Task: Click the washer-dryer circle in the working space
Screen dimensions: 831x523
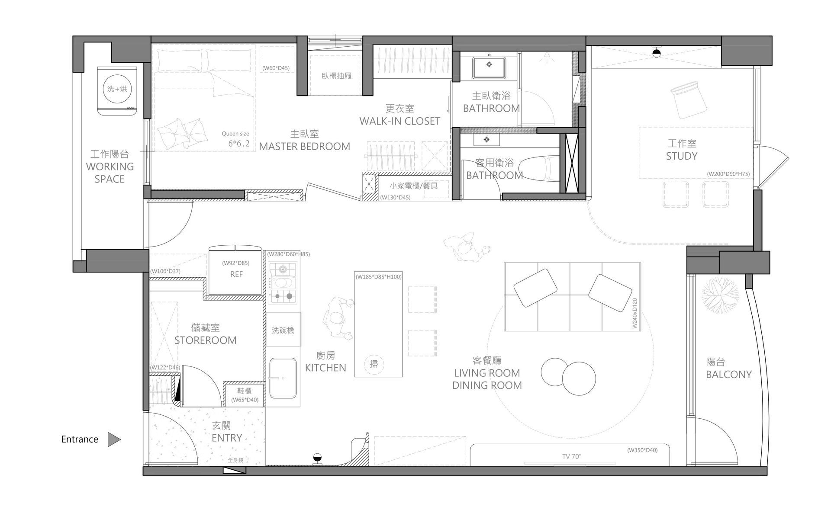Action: (x=117, y=89)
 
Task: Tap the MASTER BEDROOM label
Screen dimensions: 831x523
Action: (x=305, y=147)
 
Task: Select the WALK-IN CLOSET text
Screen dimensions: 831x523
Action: (x=400, y=122)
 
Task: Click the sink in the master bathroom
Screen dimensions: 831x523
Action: (x=489, y=65)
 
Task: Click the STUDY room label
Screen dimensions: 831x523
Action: (x=682, y=156)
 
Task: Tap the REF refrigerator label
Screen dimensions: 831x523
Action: (x=236, y=275)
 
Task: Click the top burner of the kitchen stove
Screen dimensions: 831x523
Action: (x=283, y=270)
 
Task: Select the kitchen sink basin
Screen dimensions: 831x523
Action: (x=283, y=379)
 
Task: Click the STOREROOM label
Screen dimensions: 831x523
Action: (x=206, y=340)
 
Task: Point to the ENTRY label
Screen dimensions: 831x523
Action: (x=227, y=438)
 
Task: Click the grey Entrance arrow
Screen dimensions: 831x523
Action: (x=113, y=440)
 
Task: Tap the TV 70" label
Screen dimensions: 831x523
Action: (x=572, y=456)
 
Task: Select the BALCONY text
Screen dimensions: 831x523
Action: (x=729, y=375)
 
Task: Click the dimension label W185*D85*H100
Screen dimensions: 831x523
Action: (x=379, y=277)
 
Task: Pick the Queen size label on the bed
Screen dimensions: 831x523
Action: (x=235, y=134)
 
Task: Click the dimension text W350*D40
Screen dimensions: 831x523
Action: (x=642, y=450)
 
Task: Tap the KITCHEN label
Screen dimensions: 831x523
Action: (x=325, y=368)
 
